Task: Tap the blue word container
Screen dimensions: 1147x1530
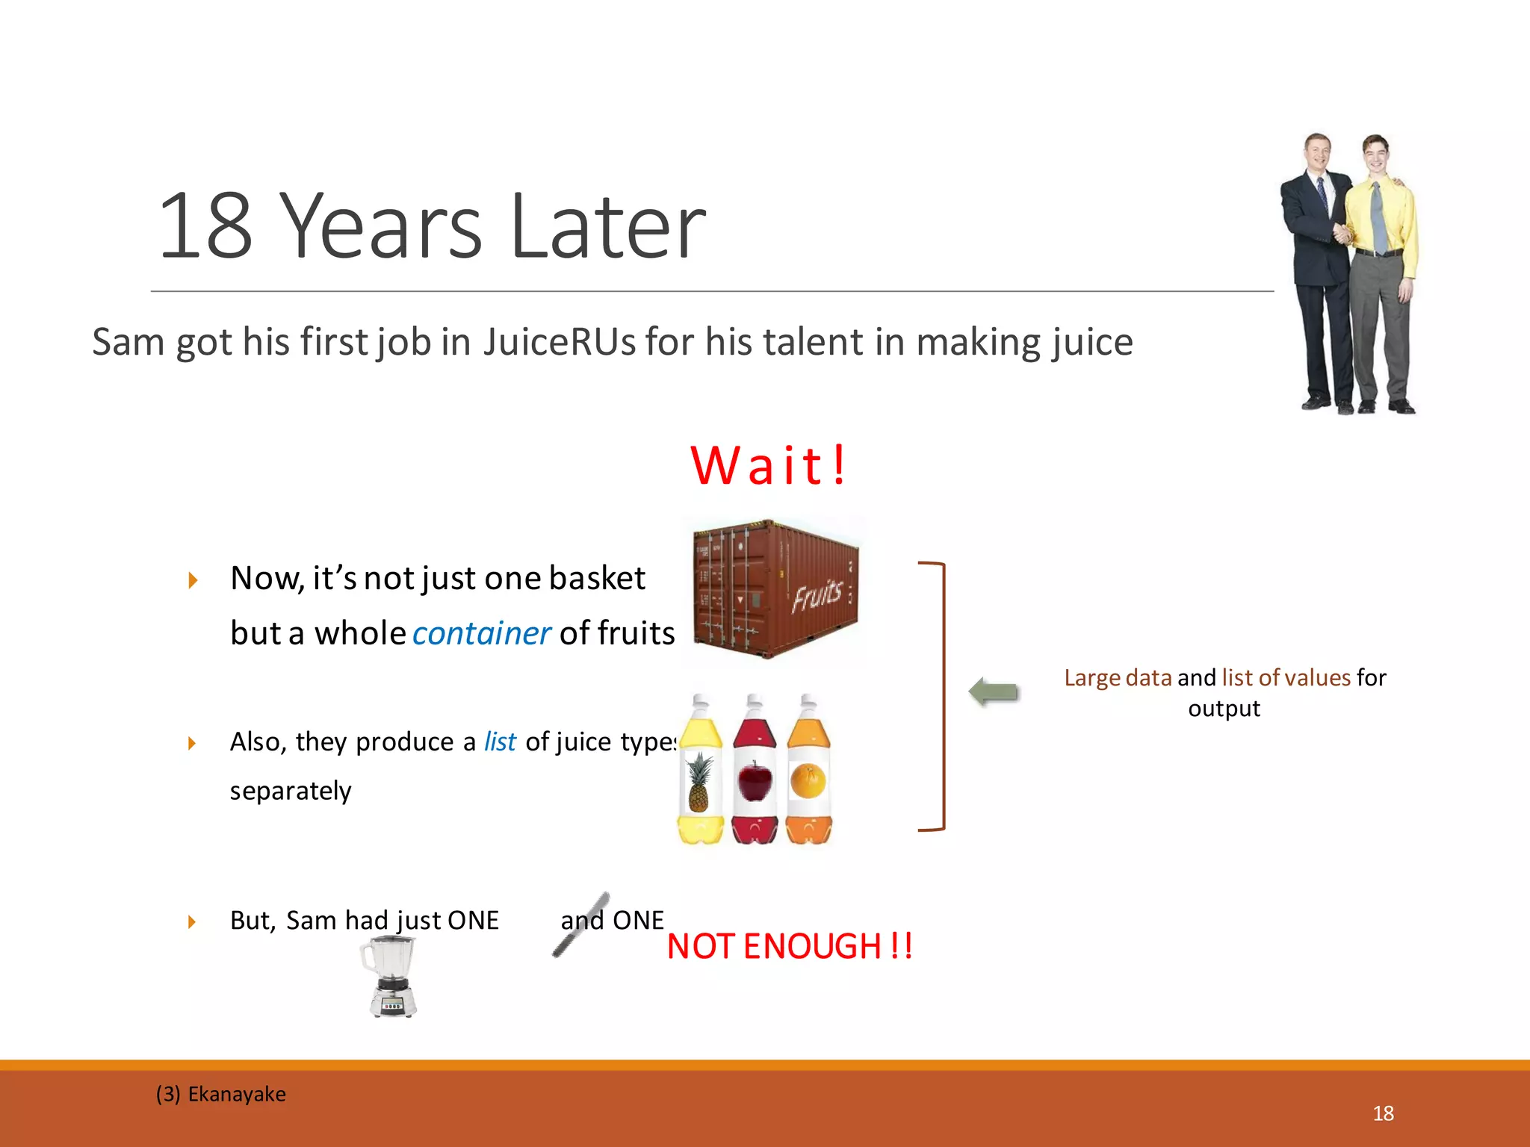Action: point(481,634)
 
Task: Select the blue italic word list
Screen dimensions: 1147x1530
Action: point(500,742)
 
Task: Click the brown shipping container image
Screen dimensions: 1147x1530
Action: point(775,590)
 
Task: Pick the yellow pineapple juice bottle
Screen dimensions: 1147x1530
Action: point(700,773)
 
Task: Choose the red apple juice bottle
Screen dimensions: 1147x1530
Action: point(755,773)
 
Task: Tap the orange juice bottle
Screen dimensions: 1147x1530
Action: point(808,773)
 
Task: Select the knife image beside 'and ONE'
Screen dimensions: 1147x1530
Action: point(580,924)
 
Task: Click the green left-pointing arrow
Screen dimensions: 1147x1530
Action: point(994,691)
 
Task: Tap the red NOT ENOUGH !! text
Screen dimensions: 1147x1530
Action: point(789,947)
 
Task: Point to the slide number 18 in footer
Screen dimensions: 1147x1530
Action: point(1383,1113)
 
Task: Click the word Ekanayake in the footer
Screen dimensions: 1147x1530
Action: point(236,1094)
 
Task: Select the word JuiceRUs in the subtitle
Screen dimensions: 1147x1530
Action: point(559,343)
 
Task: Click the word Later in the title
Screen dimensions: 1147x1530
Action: point(607,227)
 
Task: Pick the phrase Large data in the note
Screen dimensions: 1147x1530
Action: point(1118,678)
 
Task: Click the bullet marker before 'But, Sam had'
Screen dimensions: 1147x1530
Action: point(192,921)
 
